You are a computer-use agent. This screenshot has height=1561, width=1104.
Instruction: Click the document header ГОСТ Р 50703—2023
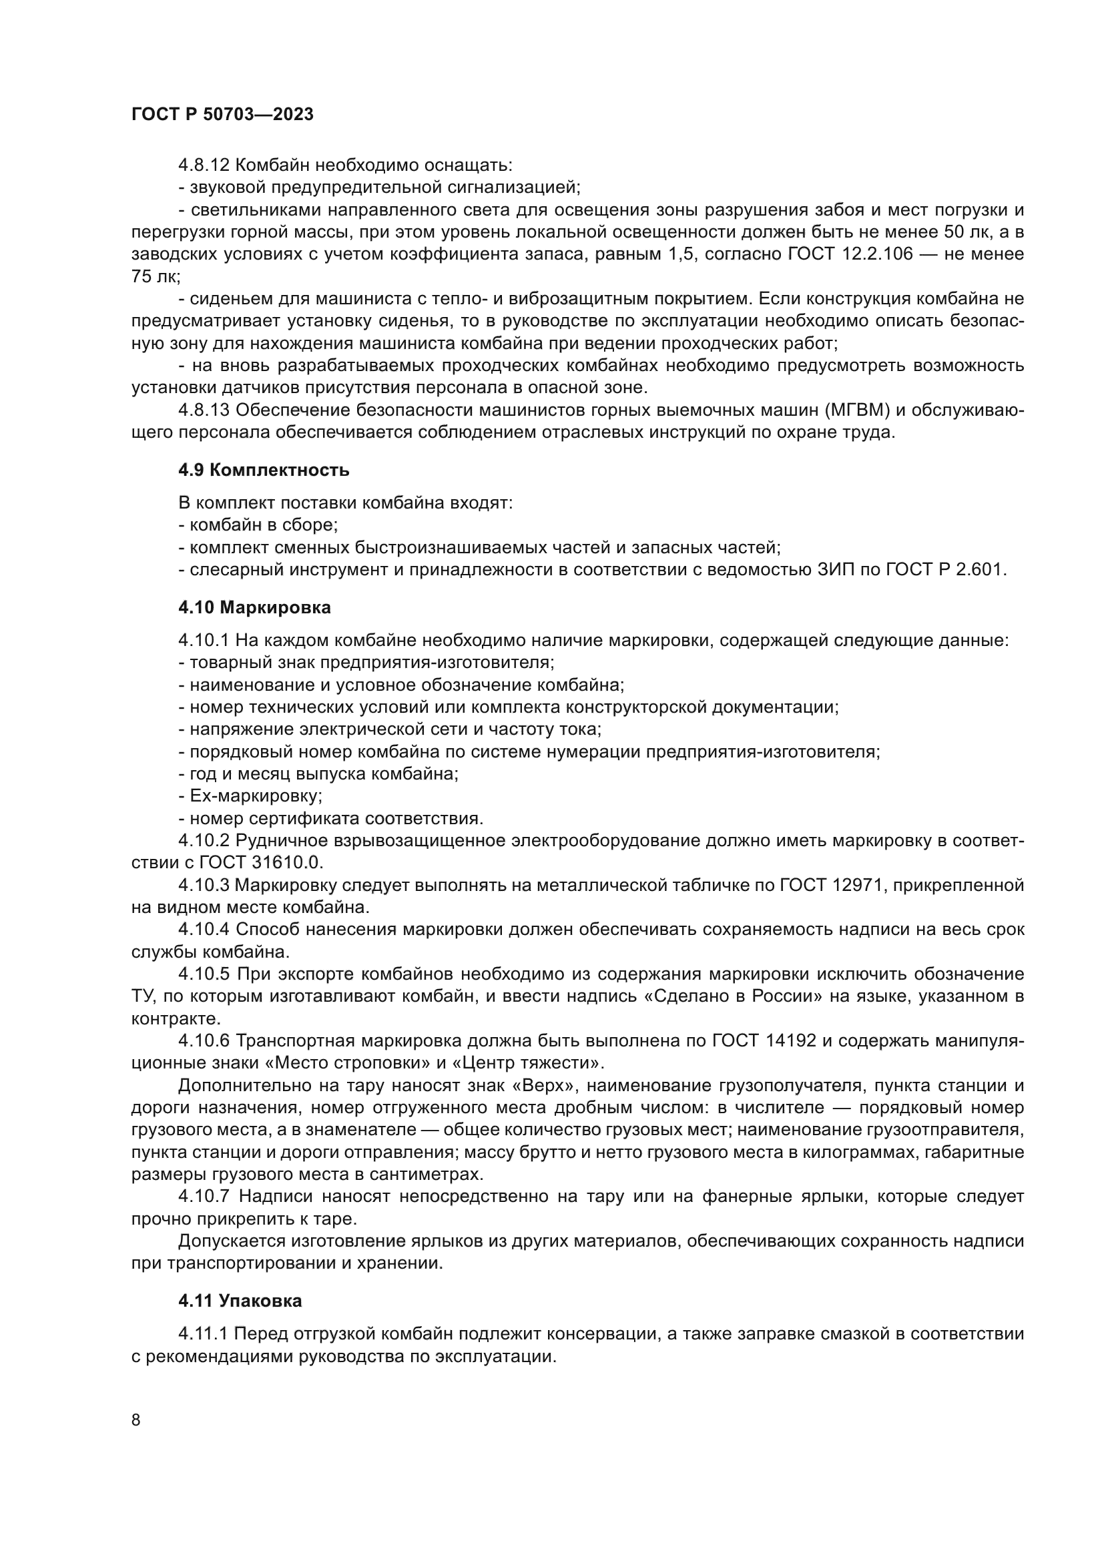[222, 114]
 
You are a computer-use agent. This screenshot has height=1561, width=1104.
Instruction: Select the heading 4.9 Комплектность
[264, 470]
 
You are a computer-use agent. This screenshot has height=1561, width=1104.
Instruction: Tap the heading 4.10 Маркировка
[254, 607]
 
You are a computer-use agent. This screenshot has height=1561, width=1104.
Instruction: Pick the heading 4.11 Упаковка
[240, 1301]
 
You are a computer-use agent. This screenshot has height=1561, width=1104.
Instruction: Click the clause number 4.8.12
[204, 166]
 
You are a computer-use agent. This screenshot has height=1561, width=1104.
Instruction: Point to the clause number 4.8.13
[204, 410]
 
